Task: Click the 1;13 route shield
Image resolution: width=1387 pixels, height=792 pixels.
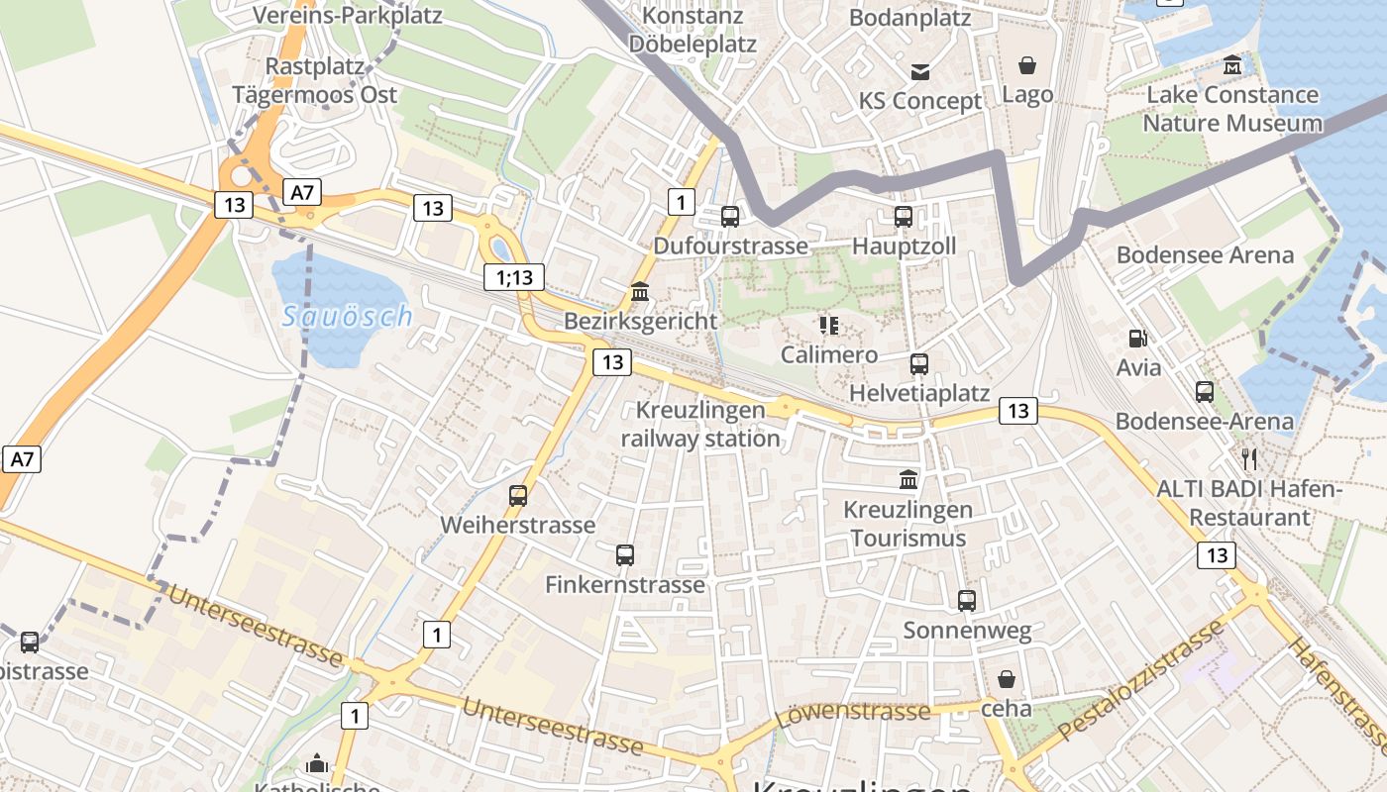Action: point(514,277)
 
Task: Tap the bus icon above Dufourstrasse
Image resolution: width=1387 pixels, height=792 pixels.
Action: point(730,216)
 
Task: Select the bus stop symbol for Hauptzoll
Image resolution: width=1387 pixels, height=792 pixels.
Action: point(903,216)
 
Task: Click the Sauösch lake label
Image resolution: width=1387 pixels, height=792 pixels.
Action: point(347,317)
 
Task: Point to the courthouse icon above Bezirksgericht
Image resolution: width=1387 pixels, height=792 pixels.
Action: point(640,292)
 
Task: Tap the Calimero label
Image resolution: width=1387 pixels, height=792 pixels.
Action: point(829,354)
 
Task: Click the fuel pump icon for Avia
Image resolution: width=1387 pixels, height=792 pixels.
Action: point(1137,338)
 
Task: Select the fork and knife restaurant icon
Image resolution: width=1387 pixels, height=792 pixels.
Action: point(1249,458)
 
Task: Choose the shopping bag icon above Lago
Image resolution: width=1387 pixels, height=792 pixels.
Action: point(1027,65)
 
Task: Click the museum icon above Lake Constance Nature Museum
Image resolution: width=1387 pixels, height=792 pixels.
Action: point(1232,65)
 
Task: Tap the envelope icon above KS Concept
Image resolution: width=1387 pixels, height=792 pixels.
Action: point(920,71)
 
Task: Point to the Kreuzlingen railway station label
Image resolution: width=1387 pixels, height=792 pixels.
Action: point(701,424)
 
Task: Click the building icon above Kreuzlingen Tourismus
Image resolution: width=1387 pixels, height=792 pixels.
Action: point(907,480)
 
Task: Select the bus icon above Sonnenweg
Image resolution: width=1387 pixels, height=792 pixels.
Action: point(967,600)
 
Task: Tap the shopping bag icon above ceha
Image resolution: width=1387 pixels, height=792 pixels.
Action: point(1007,679)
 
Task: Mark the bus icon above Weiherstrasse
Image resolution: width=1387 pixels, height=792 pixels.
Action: point(518,495)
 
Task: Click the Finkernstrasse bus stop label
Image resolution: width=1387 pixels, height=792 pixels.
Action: point(625,584)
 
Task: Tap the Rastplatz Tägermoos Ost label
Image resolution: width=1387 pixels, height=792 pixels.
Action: point(314,81)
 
